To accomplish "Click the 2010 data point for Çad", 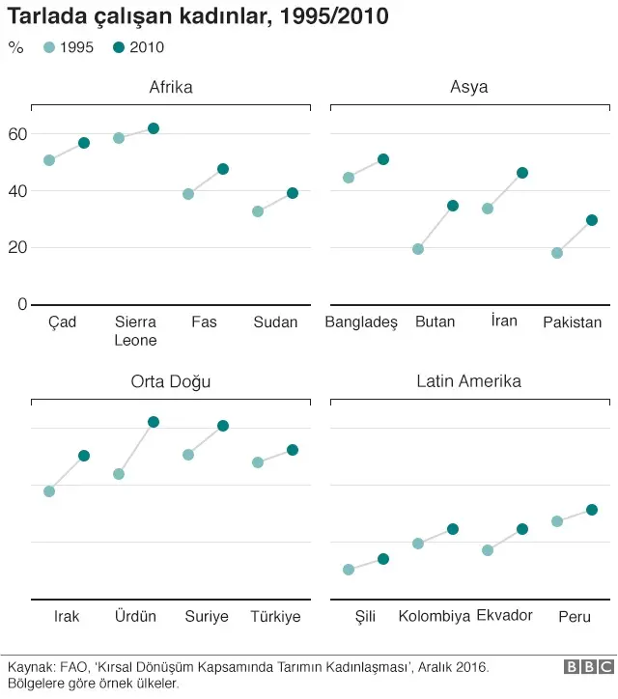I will coord(84,143).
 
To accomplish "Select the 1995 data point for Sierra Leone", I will coord(119,138).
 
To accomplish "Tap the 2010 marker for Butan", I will coord(453,206).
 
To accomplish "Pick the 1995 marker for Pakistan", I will coord(557,253).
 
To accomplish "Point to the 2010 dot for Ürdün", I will coord(154,422).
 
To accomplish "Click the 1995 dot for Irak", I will coord(49,491).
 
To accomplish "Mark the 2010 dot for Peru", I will coord(592,510).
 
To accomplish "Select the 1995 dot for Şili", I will coord(349,570).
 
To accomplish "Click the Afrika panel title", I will coord(171,87).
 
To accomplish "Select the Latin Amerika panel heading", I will coord(468,381).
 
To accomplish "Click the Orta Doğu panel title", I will coord(171,381).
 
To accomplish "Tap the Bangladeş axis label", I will coord(361,322).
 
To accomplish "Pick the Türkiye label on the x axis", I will coord(275,616).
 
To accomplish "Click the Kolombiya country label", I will coord(434,616).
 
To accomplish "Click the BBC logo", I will coord(589,667).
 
